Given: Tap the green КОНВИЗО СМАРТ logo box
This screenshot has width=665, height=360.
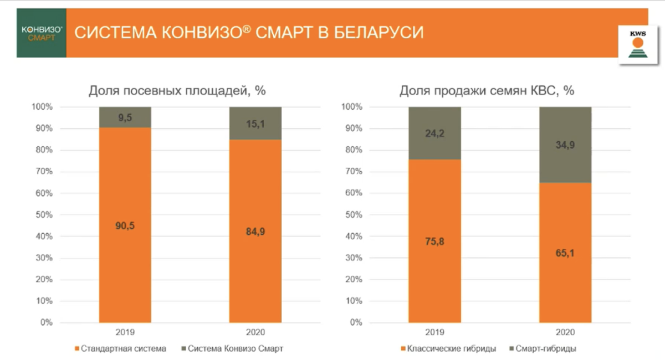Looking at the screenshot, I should tap(41, 33).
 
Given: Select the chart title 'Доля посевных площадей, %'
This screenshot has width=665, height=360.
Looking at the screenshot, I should tap(177, 91).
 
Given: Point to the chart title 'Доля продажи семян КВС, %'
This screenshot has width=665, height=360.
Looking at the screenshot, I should tap(487, 91).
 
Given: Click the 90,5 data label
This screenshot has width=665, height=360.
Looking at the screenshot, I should tap(125, 225).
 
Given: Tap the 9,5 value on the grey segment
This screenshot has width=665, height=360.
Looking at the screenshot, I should tap(125, 117).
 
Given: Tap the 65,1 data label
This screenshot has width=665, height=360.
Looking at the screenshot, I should tap(565, 253).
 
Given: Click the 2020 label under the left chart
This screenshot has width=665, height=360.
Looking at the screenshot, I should tap(255, 332).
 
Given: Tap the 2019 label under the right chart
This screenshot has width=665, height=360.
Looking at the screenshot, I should tap(434, 332).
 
